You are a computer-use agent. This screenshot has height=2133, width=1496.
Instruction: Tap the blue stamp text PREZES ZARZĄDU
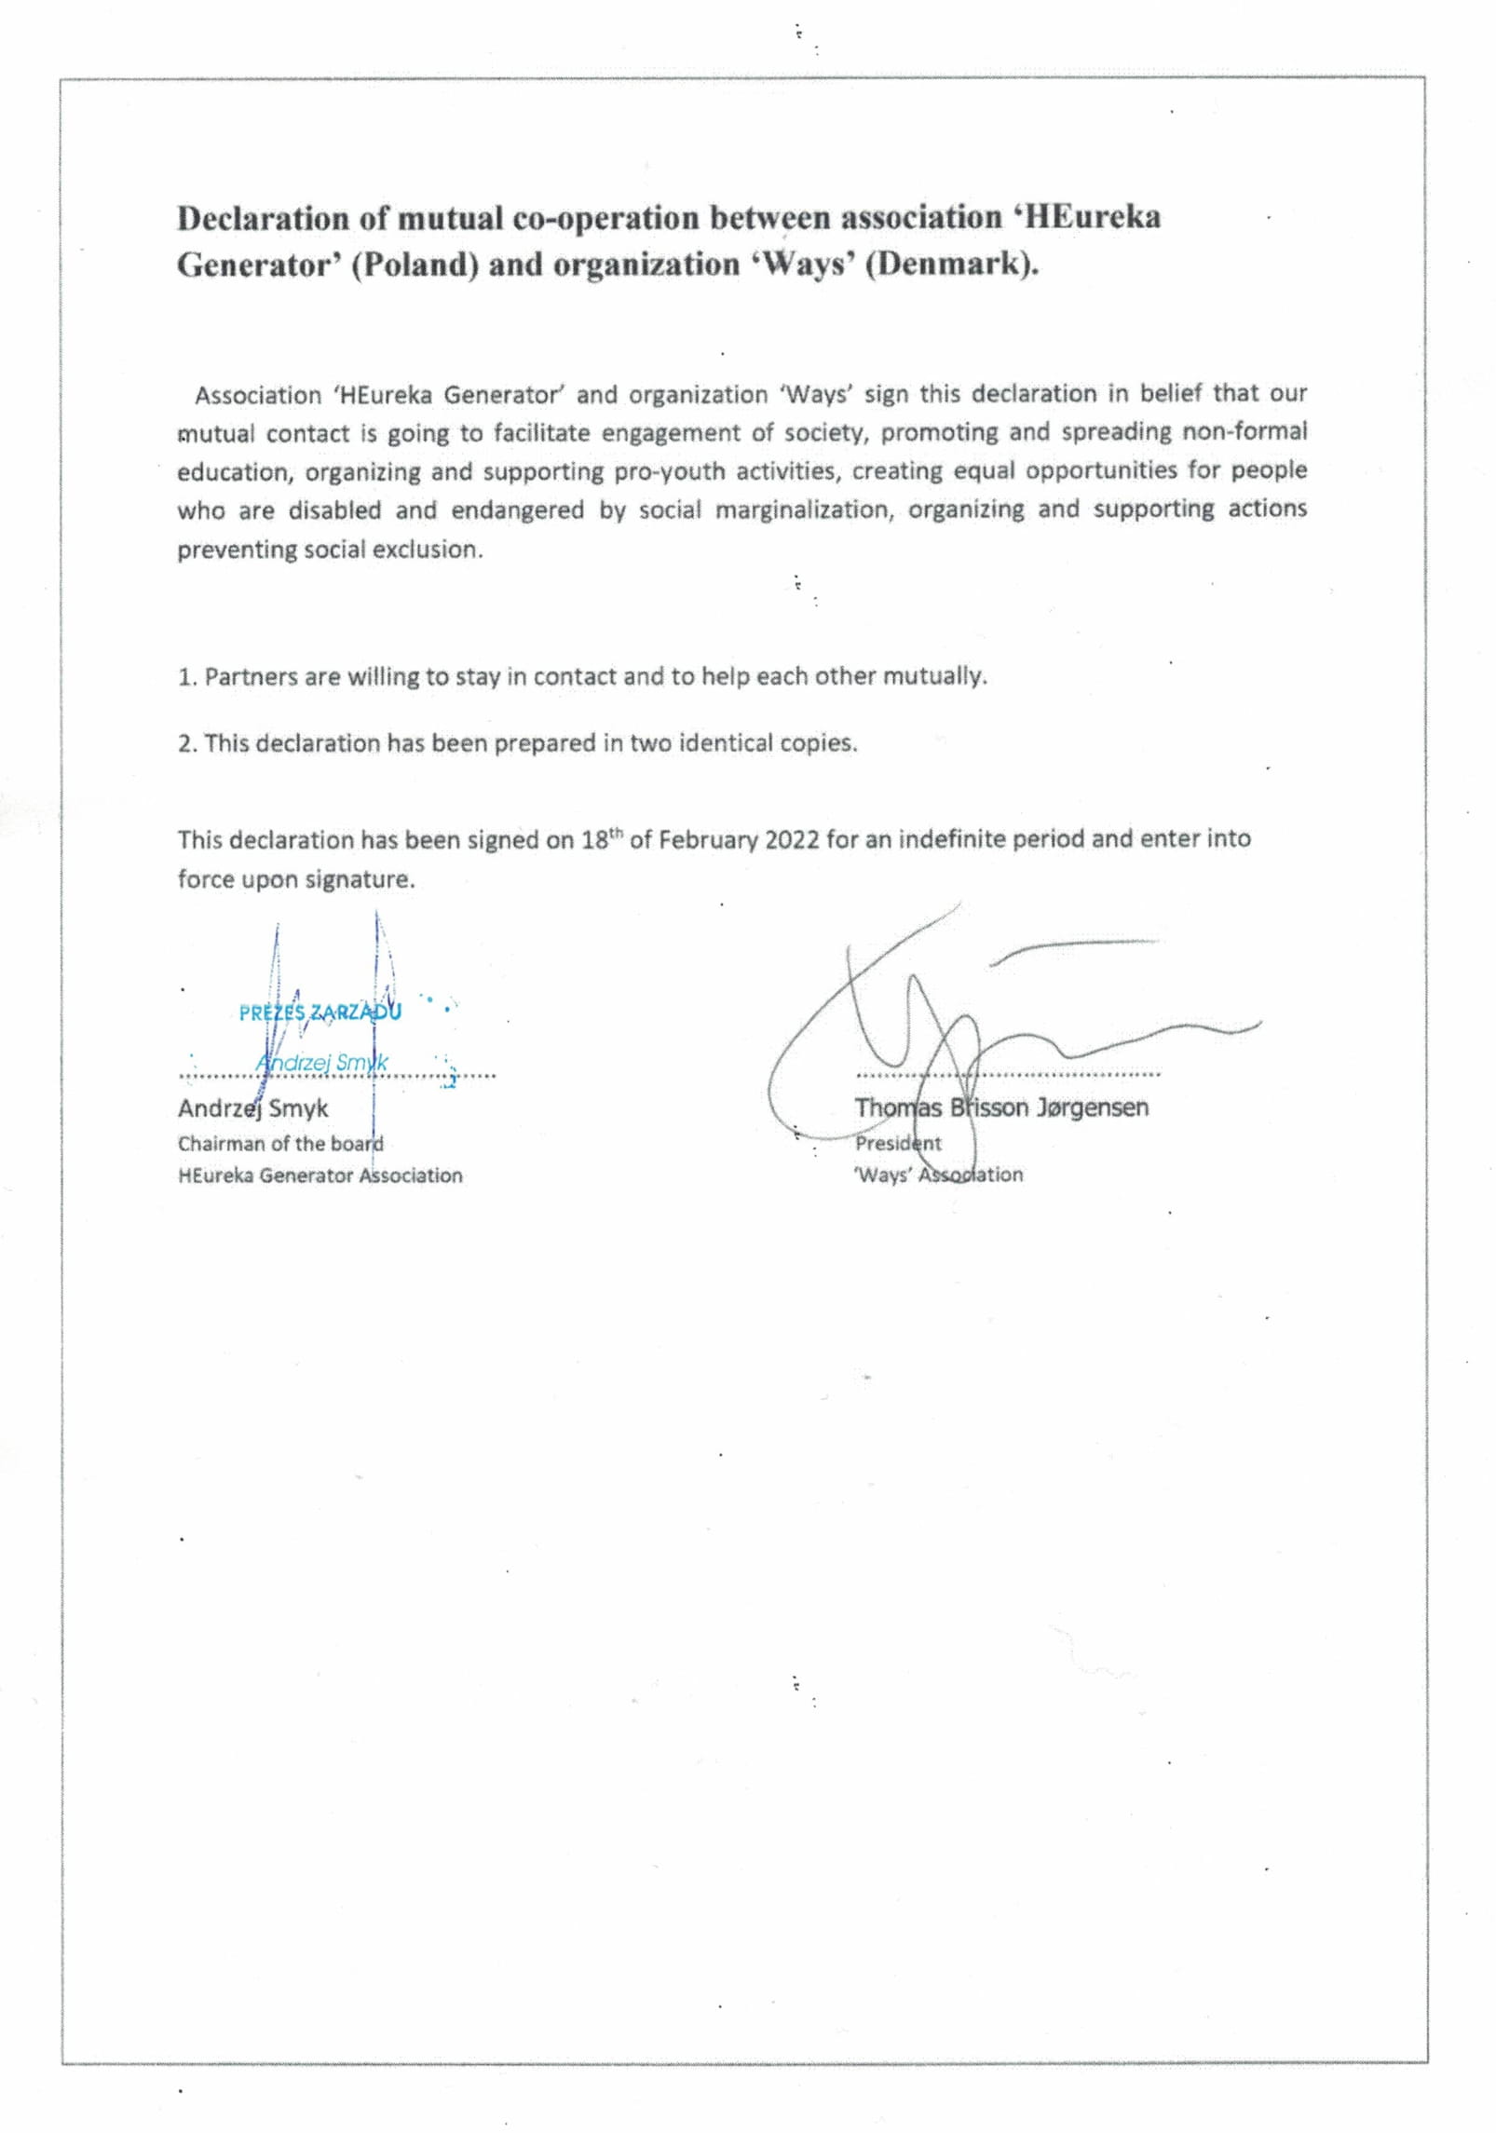[320, 1012]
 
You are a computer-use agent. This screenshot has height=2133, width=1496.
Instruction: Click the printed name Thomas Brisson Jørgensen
[1001, 1107]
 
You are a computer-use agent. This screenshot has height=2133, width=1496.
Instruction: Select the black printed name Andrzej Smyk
[252, 1108]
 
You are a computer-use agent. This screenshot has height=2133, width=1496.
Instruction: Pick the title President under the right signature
[898, 1143]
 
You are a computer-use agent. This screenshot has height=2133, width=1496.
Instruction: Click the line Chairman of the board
[280, 1143]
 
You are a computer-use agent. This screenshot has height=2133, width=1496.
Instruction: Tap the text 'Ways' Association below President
[938, 1175]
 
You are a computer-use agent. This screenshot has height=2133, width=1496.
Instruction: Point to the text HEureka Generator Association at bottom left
[320, 1175]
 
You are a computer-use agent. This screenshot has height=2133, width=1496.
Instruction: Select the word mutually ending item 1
[934, 676]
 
